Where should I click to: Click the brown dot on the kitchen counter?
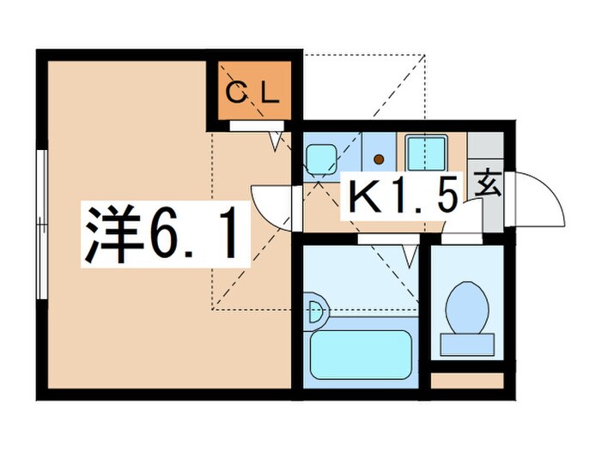pyautogui.click(x=379, y=158)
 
